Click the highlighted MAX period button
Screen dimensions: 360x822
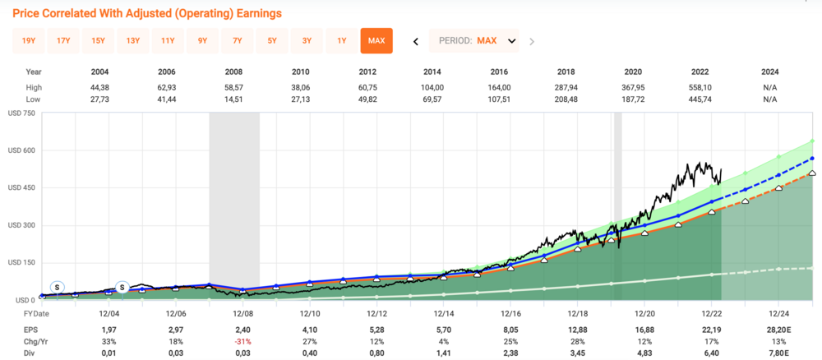(376, 40)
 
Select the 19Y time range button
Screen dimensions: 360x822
(29, 40)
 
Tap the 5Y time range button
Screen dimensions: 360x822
(272, 40)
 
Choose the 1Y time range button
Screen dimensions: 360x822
(342, 40)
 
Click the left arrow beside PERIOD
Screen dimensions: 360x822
(416, 41)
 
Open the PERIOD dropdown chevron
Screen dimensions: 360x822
(513, 41)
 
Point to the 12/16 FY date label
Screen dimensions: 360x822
(511, 313)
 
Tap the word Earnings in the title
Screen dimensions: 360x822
(254, 13)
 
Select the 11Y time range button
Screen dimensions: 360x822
(168, 40)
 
